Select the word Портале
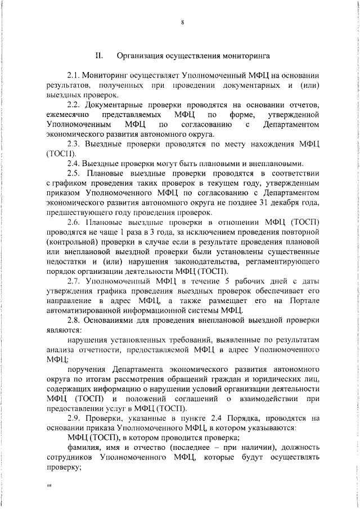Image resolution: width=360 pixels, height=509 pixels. pos(303,301)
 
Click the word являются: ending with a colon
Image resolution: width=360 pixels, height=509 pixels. pos(64,330)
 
